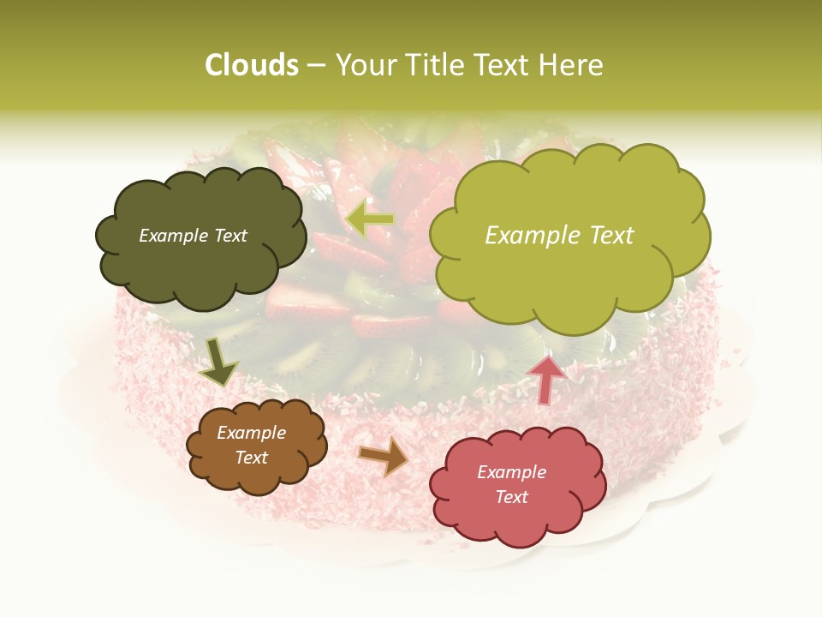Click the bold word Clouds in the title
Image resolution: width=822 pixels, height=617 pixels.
pyautogui.click(x=252, y=65)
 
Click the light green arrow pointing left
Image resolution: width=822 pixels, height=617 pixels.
pyautogui.click(x=370, y=220)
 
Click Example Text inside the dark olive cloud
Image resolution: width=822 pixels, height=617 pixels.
pyautogui.click(x=193, y=236)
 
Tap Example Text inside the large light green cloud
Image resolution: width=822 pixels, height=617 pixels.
pyautogui.click(x=559, y=236)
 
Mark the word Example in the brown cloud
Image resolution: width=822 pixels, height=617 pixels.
pyautogui.click(x=252, y=433)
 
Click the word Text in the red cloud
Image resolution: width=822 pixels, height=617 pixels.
pyautogui.click(x=511, y=497)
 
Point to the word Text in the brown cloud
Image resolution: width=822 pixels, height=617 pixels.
pyautogui.click(x=252, y=458)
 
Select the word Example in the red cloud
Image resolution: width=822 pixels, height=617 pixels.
pyautogui.click(x=511, y=472)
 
